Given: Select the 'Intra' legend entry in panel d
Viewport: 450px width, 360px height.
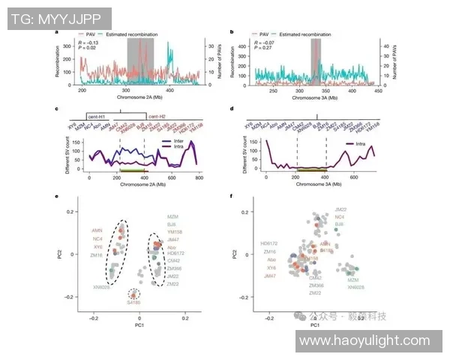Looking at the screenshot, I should click(x=367, y=142).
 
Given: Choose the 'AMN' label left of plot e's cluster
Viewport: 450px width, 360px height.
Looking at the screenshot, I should click(x=97, y=231).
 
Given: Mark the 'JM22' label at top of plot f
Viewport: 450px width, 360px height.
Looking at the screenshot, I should click(x=340, y=208).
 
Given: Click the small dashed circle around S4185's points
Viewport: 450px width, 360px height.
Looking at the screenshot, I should click(x=133, y=293).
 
